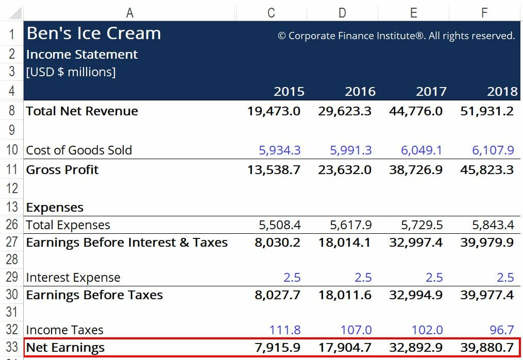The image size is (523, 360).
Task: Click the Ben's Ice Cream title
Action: (93, 34)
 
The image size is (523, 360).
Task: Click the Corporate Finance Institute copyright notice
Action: (396, 36)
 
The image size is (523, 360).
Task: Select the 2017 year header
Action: (431, 92)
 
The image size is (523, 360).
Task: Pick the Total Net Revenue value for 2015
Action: (274, 111)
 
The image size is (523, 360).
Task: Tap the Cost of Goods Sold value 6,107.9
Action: (493, 150)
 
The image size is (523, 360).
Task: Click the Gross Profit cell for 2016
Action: (345, 170)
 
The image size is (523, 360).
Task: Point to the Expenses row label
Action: (55, 208)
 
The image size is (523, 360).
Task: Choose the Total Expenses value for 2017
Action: (421, 226)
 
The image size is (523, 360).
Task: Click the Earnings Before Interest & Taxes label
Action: (127, 243)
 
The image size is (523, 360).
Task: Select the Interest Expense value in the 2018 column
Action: (505, 278)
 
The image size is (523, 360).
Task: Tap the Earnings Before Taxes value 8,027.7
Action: (277, 295)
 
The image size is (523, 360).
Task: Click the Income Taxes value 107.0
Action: (356, 330)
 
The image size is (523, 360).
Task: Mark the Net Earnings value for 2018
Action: (487, 348)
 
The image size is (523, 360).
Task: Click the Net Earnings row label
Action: (65, 348)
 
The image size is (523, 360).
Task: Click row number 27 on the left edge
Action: (12, 243)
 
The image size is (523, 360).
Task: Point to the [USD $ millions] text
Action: (71, 72)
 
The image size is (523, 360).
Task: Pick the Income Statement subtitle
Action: (82, 55)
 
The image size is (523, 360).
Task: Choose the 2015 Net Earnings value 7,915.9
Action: (277, 348)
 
